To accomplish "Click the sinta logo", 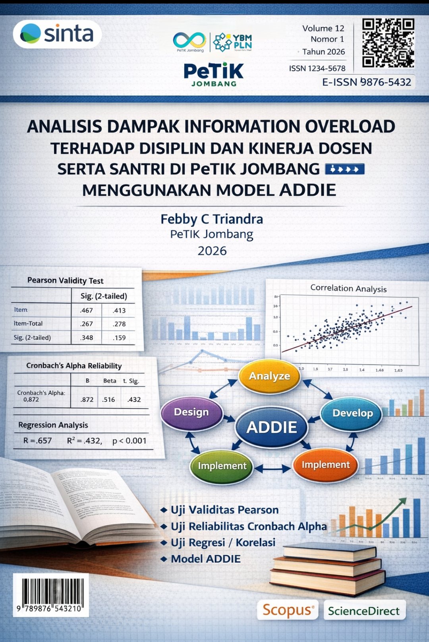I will click(57, 34).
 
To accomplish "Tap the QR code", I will click(388, 43).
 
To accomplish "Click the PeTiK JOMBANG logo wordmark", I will click(214, 74).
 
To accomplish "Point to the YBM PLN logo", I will click(232, 42).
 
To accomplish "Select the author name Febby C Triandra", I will click(212, 219).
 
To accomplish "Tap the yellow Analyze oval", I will click(270, 376).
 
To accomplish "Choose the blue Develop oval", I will click(352, 413).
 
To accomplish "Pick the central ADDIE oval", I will click(272, 427).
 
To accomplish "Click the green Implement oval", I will click(222, 466).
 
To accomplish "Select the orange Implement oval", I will click(326, 465).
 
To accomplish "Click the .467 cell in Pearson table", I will click(86, 310).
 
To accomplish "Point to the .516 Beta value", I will click(108, 399).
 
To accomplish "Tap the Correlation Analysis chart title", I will click(348, 288).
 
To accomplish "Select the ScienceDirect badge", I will click(364, 611).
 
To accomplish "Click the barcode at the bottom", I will click(50, 594).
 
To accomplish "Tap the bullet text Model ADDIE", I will click(205, 559).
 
